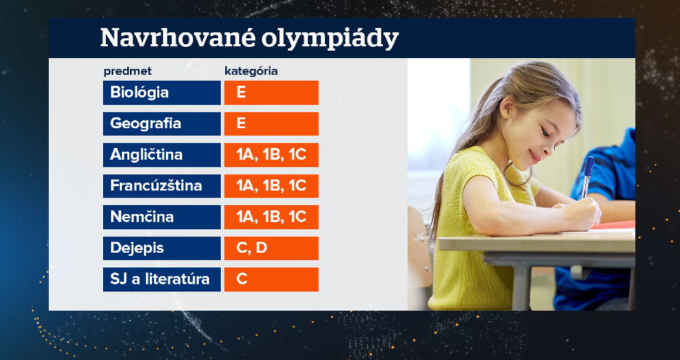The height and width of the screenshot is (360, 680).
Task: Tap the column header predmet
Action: pyautogui.click(x=127, y=72)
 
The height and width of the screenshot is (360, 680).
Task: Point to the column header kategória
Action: pyautogui.click(x=251, y=72)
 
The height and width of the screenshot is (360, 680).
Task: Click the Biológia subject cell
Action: pyautogui.click(x=162, y=92)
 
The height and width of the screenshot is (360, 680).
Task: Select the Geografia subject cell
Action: pyautogui.click(x=162, y=124)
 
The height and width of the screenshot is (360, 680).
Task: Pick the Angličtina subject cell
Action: pyautogui.click(x=162, y=155)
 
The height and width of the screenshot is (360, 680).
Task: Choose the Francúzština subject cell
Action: pyautogui.click(x=162, y=186)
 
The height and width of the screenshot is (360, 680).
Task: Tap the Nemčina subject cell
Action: pyautogui.click(x=162, y=217)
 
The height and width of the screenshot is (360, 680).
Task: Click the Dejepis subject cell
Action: pyautogui.click(x=162, y=248)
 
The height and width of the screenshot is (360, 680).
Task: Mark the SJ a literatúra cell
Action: pyautogui.click(x=162, y=280)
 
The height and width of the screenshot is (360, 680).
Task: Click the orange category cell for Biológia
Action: pyautogui.click(x=272, y=92)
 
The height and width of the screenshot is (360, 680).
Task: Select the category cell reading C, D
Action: pyautogui.click(x=272, y=248)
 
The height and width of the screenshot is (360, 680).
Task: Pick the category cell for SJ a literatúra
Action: pyautogui.click(x=272, y=280)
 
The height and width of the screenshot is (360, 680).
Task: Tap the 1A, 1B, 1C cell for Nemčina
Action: pyautogui.click(x=272, y=217)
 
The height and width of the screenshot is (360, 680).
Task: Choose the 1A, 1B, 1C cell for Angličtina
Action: pyautogui.click(x=272, y=155)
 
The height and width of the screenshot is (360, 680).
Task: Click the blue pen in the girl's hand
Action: pyautogui.click(x=587, y=175)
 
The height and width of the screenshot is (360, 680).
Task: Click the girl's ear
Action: pyautogui.click(x=508, y=108)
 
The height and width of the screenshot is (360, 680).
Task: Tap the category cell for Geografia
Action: pyautogui.click(x=272, y=124)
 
